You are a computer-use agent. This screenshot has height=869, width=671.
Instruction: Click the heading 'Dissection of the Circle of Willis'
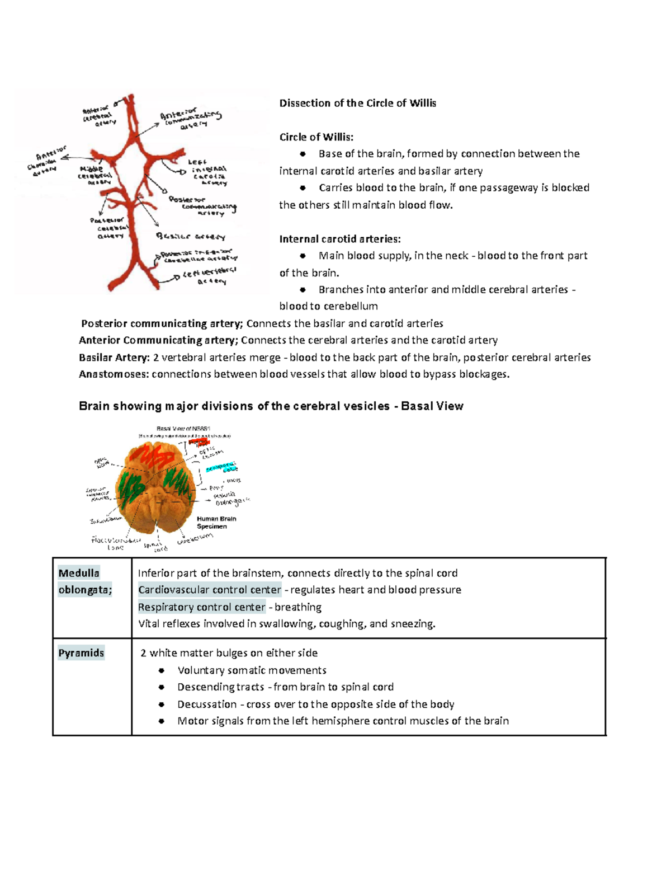coord(357,103)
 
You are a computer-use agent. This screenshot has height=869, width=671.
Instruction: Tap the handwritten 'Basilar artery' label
coord(191,237)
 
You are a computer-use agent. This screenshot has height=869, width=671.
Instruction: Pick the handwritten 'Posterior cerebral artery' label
coord(110,228)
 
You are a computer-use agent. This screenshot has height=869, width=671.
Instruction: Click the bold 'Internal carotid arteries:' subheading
coord(340,239)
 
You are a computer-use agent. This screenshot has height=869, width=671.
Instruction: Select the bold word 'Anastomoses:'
coord(114,374)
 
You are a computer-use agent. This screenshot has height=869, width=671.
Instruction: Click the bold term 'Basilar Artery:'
coord(114,358)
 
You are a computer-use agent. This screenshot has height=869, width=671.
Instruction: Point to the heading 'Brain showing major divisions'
coord(271,406)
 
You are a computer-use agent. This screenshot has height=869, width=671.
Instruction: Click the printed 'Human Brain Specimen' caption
coord(216,523)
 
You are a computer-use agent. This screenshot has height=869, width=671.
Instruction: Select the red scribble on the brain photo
coord(158,456)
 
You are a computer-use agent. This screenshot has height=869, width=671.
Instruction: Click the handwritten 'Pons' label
coord(217,488)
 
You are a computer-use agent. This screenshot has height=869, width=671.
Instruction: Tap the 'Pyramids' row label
coord(81,653)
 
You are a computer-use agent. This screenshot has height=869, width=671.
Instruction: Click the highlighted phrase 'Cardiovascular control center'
coord(209,590)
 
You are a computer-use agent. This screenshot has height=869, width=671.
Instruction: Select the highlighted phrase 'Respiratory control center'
coord(201,607)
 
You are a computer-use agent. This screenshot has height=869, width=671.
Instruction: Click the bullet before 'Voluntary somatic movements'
coord(162,670)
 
